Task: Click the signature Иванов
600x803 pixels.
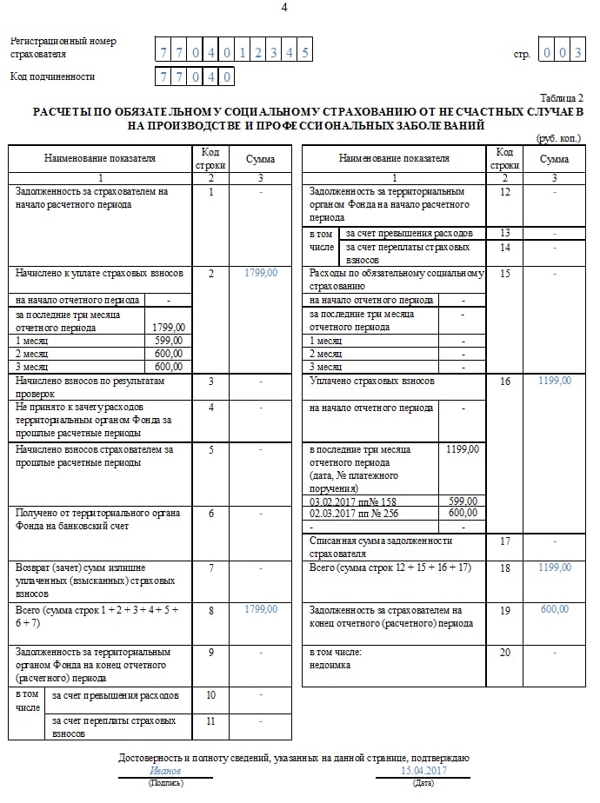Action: (165, 771)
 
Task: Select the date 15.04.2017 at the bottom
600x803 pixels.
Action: (423, 771)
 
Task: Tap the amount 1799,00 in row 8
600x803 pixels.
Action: (261, 609)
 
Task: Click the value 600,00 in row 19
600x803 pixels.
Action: (554, 609)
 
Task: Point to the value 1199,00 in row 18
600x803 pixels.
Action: (554, 567)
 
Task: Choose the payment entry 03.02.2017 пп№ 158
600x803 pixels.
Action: (345, 501)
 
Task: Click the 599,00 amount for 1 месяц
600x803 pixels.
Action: (168, 341)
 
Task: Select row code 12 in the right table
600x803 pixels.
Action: (504, 192)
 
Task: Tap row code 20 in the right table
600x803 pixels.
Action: (504, 652)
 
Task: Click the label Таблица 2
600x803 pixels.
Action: (562, 98)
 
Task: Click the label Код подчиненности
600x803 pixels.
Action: (52, 76)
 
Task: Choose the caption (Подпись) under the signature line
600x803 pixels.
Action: (165, 783)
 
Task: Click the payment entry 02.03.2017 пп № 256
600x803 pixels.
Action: (347, 514)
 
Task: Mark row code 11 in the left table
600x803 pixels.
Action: (210, 720)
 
